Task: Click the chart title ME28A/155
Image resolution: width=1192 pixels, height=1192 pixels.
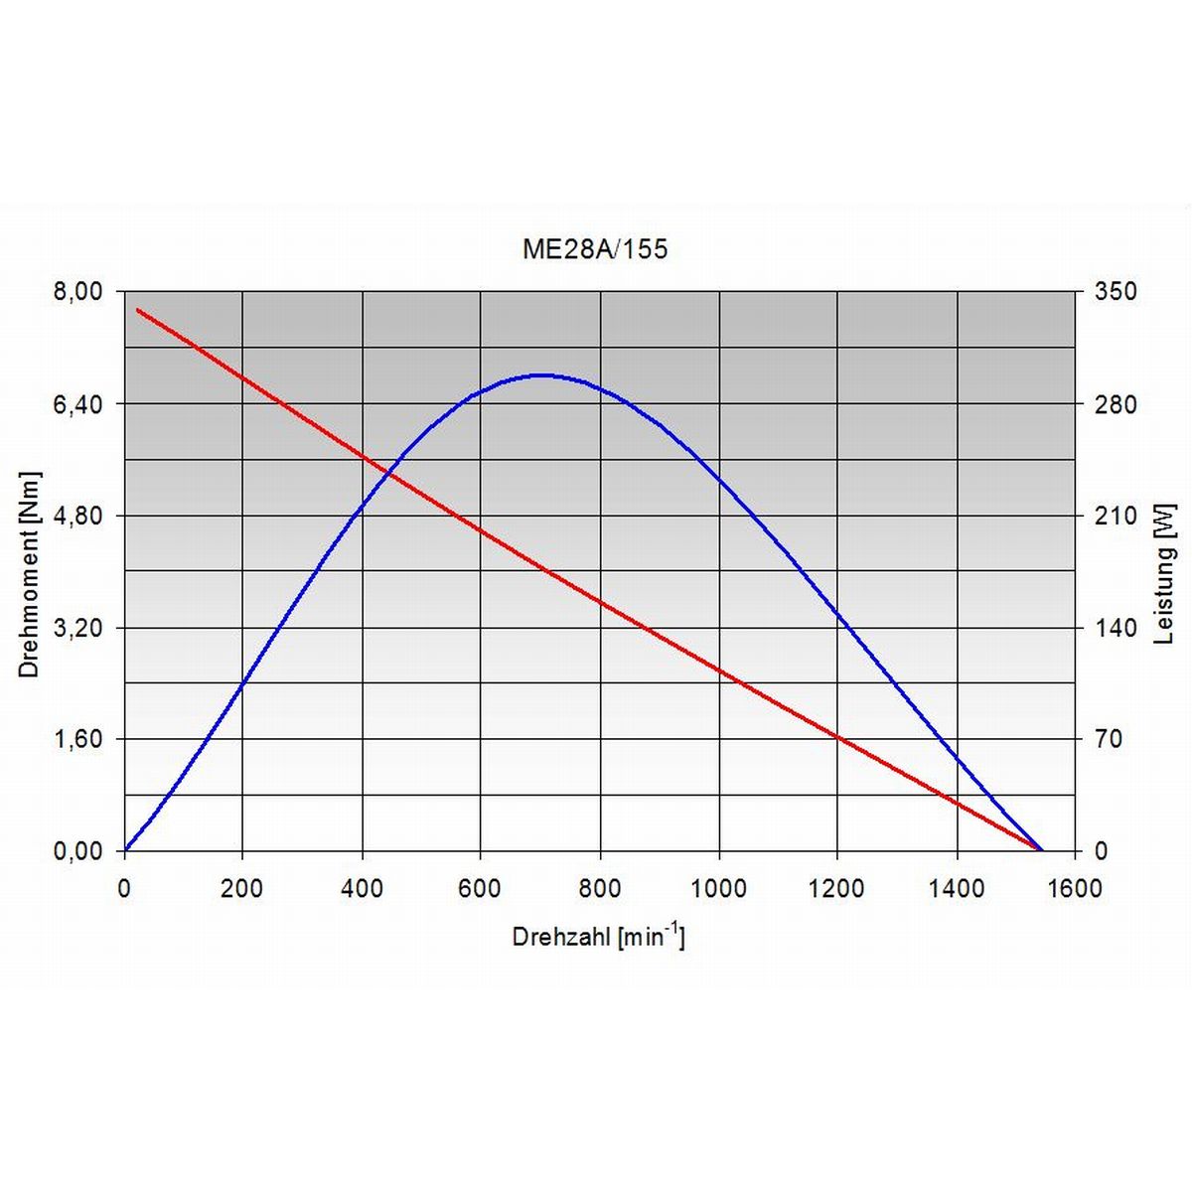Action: coord(595,249)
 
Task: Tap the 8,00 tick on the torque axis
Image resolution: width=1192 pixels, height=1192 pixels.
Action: coord(77,291)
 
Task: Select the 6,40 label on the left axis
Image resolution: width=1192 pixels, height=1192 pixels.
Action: coord(77,403)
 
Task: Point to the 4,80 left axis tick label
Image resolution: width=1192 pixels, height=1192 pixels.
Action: coord(77,516)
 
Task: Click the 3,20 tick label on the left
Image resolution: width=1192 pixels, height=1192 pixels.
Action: coord(77,628)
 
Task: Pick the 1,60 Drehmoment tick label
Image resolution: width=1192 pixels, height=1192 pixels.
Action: coord(77,739)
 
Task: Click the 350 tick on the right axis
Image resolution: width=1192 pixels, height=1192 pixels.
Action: coord(1115,291)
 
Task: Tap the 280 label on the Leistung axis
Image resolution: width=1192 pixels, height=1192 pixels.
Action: coord(1115,404)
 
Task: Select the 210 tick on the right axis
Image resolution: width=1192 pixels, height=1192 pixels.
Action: coord(1115,516)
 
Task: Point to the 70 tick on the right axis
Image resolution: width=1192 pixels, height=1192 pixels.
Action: coord(1108,739)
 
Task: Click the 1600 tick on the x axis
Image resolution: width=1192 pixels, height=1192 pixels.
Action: coord(1074,888)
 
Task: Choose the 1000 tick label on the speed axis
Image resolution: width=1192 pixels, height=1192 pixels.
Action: coord(718,888)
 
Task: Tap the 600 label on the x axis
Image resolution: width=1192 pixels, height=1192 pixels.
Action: coord(480,888)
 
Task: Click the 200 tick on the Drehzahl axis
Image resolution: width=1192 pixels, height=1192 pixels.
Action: coord(242,888)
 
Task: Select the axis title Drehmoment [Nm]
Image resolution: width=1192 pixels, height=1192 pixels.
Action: coord(29,573)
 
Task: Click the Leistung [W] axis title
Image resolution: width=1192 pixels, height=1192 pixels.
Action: coord(1165,573)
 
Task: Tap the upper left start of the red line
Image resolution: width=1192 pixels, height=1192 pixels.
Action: coord(137,310)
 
